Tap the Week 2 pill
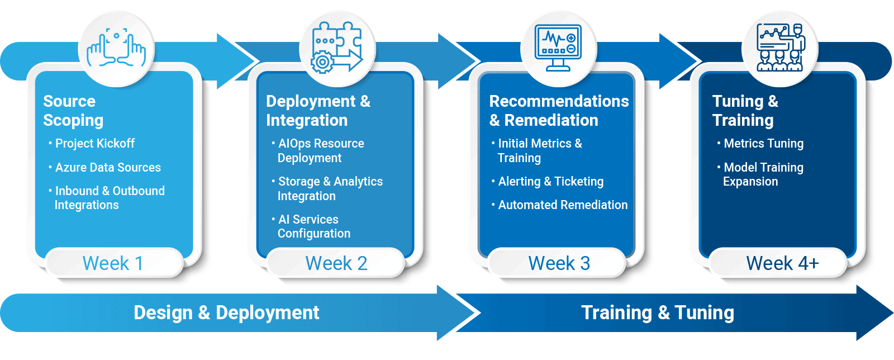tap(336, 263)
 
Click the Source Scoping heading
tap(73, 111)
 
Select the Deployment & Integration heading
tap(318, 111)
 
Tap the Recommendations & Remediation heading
tap(559, 111)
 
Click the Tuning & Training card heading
tap(745, 111)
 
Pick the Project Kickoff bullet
tap(92, 143)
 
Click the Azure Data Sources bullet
tap(104, 167)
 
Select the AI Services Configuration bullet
tap(311, 226)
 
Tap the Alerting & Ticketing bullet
tap(548, 182)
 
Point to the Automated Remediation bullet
tap(559, 205)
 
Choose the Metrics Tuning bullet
tap(760, 143)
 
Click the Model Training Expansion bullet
tap(760, 174)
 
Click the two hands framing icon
tap(116, 48)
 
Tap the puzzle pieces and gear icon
tap(337, 48)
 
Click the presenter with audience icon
tap(781, 47)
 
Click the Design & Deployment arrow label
tap(226, 312)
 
